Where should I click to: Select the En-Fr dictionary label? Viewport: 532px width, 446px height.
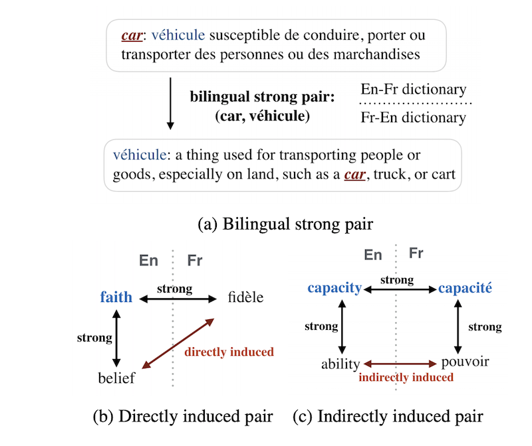click(x=413, y=89)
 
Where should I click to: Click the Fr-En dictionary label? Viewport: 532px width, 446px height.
click(x=413, y=118)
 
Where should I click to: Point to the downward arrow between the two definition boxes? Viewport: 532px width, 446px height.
click(x=170, y=103)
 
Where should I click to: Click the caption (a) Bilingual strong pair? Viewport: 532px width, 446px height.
click(x=285, y=224)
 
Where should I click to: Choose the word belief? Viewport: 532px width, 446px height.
click(x=116, y=378)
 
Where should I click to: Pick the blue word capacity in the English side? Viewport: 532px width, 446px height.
click(x=334, y=288)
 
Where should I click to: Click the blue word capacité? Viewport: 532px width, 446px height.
click(x=464, y=288)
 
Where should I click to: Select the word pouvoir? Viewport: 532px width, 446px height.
click(x=465, y=362)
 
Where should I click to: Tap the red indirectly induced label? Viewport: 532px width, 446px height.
click(x=406, y=377)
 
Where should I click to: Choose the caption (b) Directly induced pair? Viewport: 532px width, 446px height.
click(x=182, y=417)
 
